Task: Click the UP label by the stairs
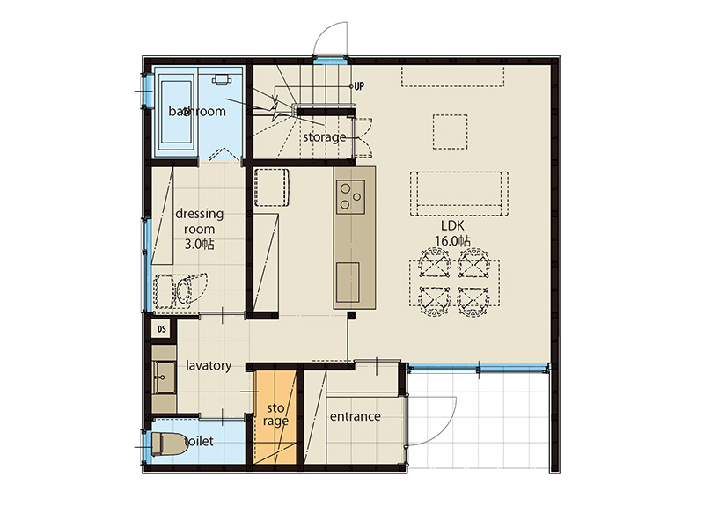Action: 359,85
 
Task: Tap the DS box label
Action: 162,329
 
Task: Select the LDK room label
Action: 452,226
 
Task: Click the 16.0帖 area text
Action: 452,241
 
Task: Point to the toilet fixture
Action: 169,444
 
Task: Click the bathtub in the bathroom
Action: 176,112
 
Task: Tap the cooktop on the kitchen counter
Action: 350,196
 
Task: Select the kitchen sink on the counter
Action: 348,282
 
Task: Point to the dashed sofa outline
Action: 459,194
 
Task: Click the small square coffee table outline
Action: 451,131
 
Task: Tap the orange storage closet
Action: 275,414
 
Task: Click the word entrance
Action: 356,416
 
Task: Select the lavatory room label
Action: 209,365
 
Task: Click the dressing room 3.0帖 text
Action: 200,229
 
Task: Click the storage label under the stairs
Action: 324,137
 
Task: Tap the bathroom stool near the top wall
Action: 222,79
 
